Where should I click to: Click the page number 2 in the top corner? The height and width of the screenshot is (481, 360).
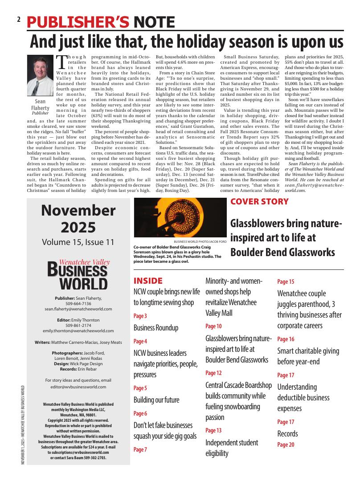[x=19, y=20]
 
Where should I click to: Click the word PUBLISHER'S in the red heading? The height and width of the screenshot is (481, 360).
[x=78, y=22]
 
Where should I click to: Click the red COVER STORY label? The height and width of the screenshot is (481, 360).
[x=259, y=201]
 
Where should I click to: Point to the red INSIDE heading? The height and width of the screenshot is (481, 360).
[x=148, y=281]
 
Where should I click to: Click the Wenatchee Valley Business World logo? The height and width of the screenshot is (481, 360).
[x=78, y=275]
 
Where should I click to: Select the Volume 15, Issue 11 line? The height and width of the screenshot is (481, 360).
[x=78, y=242]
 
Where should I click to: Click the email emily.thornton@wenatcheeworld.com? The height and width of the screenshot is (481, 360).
[x=78, y=331]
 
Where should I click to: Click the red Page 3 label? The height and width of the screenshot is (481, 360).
[x=140, y=316]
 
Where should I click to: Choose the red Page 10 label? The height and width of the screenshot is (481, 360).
[x=213, y=326]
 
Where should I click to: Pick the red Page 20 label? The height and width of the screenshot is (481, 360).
[x=286, y=444]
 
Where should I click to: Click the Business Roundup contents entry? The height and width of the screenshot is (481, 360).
[x=156, y=328]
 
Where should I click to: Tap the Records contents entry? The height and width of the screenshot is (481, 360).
[x=287, y=434]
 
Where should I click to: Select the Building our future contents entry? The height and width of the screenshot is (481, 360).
[x=156, y=400]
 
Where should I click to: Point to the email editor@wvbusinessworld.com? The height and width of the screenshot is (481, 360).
[x=78, y=387]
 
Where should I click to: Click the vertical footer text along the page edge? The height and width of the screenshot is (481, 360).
[x=22, y=425]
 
